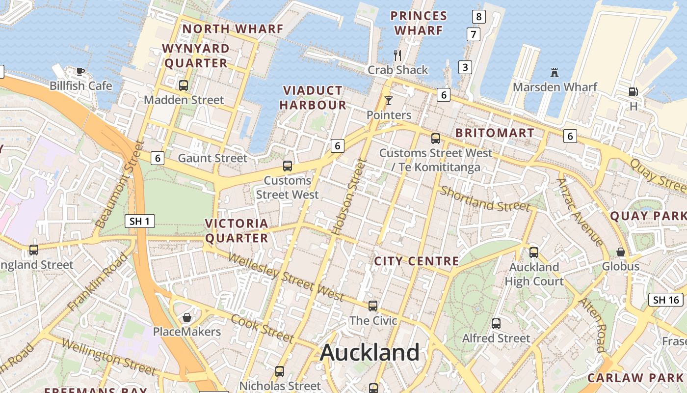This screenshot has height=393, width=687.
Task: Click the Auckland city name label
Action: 370,353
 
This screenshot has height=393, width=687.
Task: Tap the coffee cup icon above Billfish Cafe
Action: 80,72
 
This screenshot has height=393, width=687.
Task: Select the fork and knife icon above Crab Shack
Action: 398,55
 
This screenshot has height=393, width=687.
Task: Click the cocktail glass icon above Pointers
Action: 389,101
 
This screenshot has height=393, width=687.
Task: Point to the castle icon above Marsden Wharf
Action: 555,73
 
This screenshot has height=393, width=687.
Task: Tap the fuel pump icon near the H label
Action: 633,91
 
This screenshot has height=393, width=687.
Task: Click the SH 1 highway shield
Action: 140,221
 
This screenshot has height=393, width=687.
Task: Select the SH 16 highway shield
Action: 666,300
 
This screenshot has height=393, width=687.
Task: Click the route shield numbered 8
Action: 479,17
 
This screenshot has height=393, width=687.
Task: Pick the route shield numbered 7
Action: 473,34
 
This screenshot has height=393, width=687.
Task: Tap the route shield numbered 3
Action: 465,67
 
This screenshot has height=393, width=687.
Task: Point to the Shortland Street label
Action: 485,198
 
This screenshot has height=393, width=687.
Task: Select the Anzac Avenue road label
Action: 580,212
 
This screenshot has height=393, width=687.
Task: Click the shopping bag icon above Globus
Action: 621,252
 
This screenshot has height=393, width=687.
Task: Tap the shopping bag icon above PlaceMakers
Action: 186,317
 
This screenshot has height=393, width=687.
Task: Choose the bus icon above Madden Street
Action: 184,85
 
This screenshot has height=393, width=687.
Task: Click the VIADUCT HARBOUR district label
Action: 313,97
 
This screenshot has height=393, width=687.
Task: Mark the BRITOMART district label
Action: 495,133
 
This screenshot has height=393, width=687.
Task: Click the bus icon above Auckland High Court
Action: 534,253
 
